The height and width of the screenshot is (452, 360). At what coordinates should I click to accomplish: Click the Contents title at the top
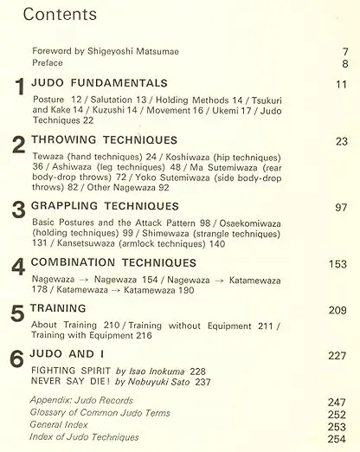[x=60, y=15]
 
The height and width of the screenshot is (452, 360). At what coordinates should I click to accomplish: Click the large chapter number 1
[x=20, y=88]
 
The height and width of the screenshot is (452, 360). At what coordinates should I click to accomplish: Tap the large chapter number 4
[x=17, y=268]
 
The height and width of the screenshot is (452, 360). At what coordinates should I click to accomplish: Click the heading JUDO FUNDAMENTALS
[x=100, y=83]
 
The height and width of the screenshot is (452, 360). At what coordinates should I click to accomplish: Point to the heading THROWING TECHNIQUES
[x=104, y=139]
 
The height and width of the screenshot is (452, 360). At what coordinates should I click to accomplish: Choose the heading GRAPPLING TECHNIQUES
[x=106, y=207]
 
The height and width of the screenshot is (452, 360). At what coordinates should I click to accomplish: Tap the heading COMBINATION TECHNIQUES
[x=113, y=262]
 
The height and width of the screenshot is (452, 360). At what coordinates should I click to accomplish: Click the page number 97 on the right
[x=341, y=208]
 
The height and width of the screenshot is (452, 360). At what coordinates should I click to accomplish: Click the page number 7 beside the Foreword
[x=345, y=52]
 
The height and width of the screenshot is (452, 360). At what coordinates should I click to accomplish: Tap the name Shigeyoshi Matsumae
[x=133, y=52]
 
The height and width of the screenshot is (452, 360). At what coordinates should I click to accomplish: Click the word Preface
[x=48, y=63]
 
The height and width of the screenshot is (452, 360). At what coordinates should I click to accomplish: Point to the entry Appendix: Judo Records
[x=81, y=401]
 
